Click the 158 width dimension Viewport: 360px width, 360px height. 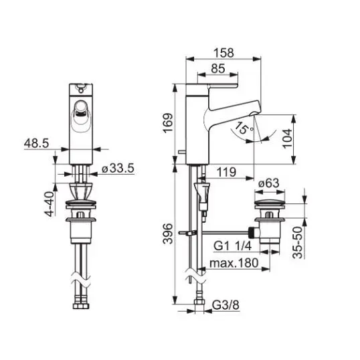224,53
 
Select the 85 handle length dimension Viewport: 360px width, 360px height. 218,68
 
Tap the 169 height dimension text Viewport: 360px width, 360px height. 168,123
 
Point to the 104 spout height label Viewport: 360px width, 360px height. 287,139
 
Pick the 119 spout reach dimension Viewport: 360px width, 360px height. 226,172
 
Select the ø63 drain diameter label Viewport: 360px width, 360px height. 268,183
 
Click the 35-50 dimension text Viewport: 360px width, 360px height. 298,242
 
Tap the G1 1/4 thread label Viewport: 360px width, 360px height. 233,246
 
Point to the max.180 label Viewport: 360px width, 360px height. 234,263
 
